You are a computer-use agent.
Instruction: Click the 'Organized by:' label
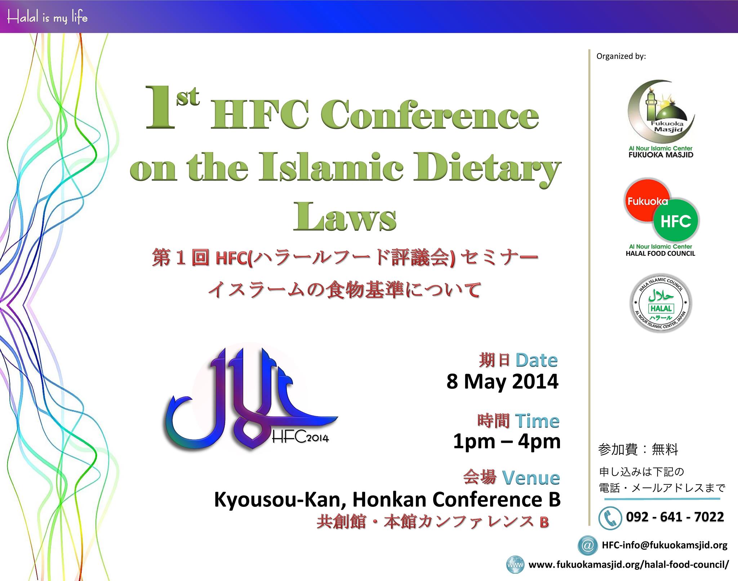pos(621,56)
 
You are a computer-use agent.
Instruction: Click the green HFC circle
pos(676,220)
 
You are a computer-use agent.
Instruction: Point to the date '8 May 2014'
pos(502,382)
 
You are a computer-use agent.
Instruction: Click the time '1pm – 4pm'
pos(507,442)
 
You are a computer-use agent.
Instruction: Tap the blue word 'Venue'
pos(531,478)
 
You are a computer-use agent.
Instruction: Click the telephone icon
pos(610,518)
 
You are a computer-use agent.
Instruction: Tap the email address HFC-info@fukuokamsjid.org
pos(665,545)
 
